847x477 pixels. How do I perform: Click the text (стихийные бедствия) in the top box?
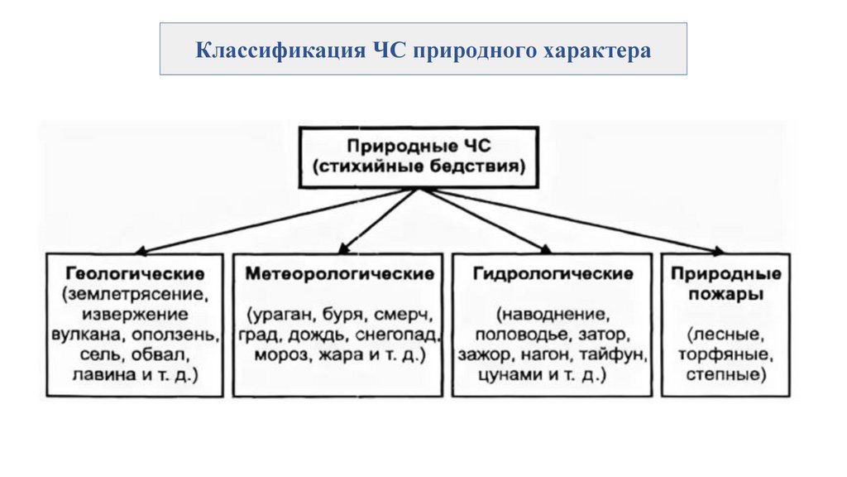[x=419, y=167]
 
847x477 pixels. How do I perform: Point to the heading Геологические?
[x=132, y=272]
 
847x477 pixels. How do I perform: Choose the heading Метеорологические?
[x=340, y=273]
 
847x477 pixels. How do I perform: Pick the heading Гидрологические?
[x=553, y=273]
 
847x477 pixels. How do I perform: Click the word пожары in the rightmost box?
[x=727, y=293]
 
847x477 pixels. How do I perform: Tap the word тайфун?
[x=620, y=356]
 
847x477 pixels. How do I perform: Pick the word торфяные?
[x=727, y=356]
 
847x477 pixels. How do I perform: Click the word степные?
[x=725, y=376]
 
